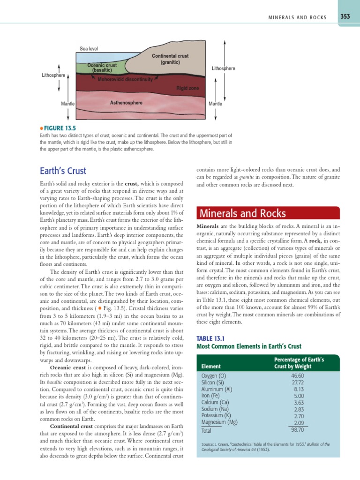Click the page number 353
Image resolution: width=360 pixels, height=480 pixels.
click(345, 17)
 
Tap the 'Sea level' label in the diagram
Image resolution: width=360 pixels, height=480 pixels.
click(89, 49)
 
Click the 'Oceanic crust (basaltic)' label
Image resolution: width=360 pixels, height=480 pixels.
click(102, 67)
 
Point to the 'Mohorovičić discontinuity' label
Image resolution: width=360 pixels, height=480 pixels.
click(125, 79)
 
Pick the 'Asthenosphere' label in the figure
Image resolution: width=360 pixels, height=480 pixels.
click(126, 102)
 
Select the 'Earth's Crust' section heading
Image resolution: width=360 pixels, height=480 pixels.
click(63, 171)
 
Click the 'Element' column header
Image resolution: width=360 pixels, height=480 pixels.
click(211, 366)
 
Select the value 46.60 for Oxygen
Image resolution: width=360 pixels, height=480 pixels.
click(298, 376)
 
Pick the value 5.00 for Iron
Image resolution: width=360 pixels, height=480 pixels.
click(299, 396)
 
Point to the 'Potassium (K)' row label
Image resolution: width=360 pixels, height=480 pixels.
click(217, 415)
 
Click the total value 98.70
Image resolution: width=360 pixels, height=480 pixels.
click(298, 429)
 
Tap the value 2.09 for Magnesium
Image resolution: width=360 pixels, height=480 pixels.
click(299, 422)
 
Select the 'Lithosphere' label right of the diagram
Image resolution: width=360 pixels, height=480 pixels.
click(224, 68)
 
